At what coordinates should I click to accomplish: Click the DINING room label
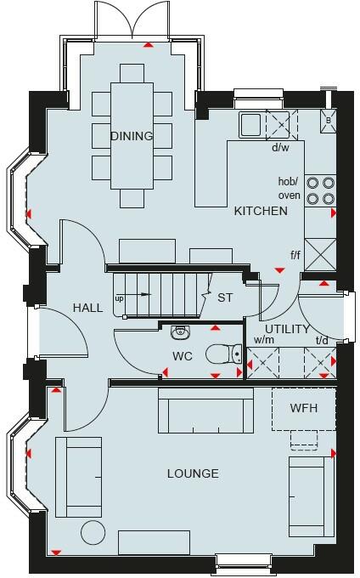click(x=132, y=136)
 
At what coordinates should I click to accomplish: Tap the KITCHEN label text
click(x=261, y=211)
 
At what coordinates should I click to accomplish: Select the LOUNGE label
click(x=193, y=473)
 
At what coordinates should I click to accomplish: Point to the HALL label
click(x=88, y=308)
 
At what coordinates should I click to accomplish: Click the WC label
click(x=183, y=356)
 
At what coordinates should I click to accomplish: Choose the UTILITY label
click(x=288, y=329)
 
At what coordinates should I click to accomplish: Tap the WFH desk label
click(x=304, y=408)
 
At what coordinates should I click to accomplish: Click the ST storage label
click(x=225, y=297)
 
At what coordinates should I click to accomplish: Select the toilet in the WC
click(x=223, y=354)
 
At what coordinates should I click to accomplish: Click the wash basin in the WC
click(x=180, y=332)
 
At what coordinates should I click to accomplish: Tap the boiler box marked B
click(x=329, y=121)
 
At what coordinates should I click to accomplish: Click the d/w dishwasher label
click(x=280, y=148)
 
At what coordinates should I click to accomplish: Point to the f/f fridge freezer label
click(x=295, y=255)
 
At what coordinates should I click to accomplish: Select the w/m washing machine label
click(x=264, y=340)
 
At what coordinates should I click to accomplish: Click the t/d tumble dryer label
click(x=322, y=340)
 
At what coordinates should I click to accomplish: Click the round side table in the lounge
click(x=93, y=532)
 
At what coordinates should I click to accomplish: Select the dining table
click(x=132, y=136)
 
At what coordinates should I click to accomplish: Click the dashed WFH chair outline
click(x=304, y=439)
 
